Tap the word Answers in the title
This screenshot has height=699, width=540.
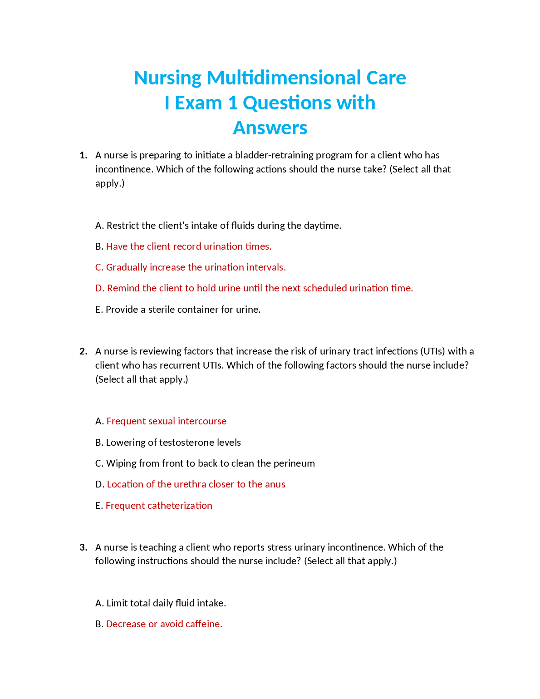click(270, 128)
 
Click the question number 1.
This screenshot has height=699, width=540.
click(83, 155)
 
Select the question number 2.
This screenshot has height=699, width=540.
click(83, 351)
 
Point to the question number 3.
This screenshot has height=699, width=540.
click(83, 547)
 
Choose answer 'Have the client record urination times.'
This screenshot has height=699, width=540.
click(189, 246)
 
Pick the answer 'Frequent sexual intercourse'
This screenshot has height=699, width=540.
click(167, 421)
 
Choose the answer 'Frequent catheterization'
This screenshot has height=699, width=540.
click(159, 506)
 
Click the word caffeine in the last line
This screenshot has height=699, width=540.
click(203, 624)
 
